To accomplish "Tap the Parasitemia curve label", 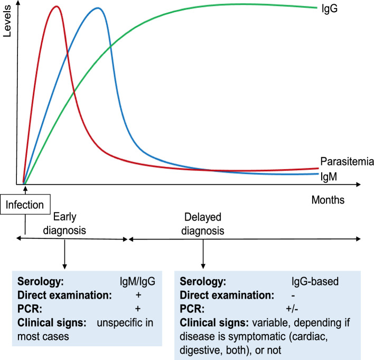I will pos(345,162).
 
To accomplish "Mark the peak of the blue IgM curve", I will pos(97,8).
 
